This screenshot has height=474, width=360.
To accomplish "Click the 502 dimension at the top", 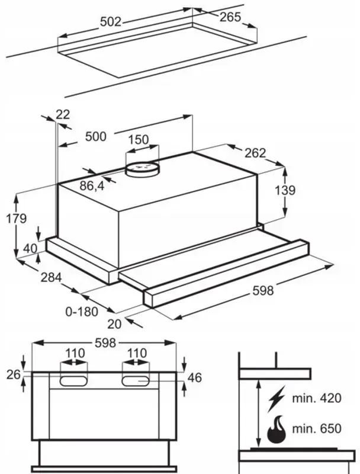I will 110,22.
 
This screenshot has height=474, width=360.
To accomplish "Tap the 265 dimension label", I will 230,17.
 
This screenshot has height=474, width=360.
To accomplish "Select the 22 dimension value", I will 63,114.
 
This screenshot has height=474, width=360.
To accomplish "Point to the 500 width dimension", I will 95,137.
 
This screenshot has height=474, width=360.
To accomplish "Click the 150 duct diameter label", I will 139,140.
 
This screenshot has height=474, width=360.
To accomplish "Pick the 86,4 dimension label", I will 92,185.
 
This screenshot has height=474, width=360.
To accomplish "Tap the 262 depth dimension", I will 255,153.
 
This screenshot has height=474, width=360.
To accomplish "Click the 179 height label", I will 17,218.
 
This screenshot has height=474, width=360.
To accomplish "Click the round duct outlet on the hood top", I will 142,169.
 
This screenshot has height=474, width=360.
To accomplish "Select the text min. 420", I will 321,398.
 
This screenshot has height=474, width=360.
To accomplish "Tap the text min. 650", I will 321,428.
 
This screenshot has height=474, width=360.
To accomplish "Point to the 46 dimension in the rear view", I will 196,377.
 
